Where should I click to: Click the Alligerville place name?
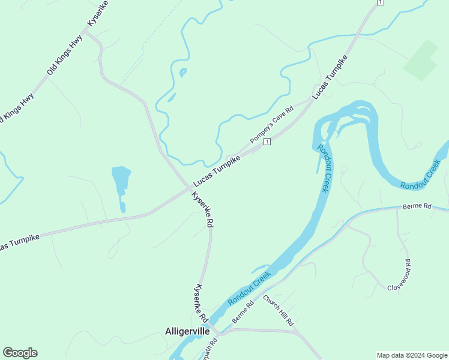pos(187,331)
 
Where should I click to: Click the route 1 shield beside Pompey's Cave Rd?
pos(267,141)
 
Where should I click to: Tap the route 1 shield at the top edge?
pos(379,3)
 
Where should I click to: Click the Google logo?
pos(20,353)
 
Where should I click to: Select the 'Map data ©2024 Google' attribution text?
pos(412,355)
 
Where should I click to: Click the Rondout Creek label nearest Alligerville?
pos(249,288)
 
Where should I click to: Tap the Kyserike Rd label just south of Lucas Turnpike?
pos(203,209)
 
